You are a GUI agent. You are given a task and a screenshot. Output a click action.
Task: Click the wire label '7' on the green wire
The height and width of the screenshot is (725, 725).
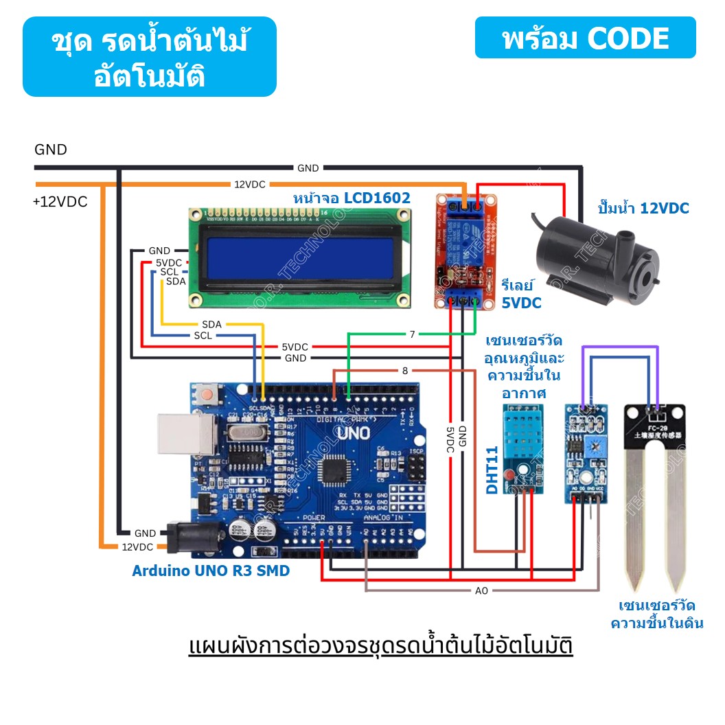pos(412,334)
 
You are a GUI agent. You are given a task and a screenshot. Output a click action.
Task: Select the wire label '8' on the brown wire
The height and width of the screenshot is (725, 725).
pos(405,371)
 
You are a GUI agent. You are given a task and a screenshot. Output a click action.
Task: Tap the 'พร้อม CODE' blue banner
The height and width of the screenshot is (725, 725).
pos(585,38)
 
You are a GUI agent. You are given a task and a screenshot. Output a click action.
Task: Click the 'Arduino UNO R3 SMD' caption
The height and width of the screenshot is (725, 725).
pos(211,571)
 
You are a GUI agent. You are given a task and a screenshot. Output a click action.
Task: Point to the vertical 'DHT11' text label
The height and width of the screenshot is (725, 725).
pos(492,470)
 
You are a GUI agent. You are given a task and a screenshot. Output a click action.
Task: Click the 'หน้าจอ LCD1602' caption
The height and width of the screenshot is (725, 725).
pos(352,198)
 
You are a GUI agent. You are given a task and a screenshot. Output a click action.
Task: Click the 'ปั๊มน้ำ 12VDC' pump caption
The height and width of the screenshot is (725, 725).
pos(643,208)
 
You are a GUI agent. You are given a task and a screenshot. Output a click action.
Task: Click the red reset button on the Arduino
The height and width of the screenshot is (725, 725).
pos(205,395)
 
